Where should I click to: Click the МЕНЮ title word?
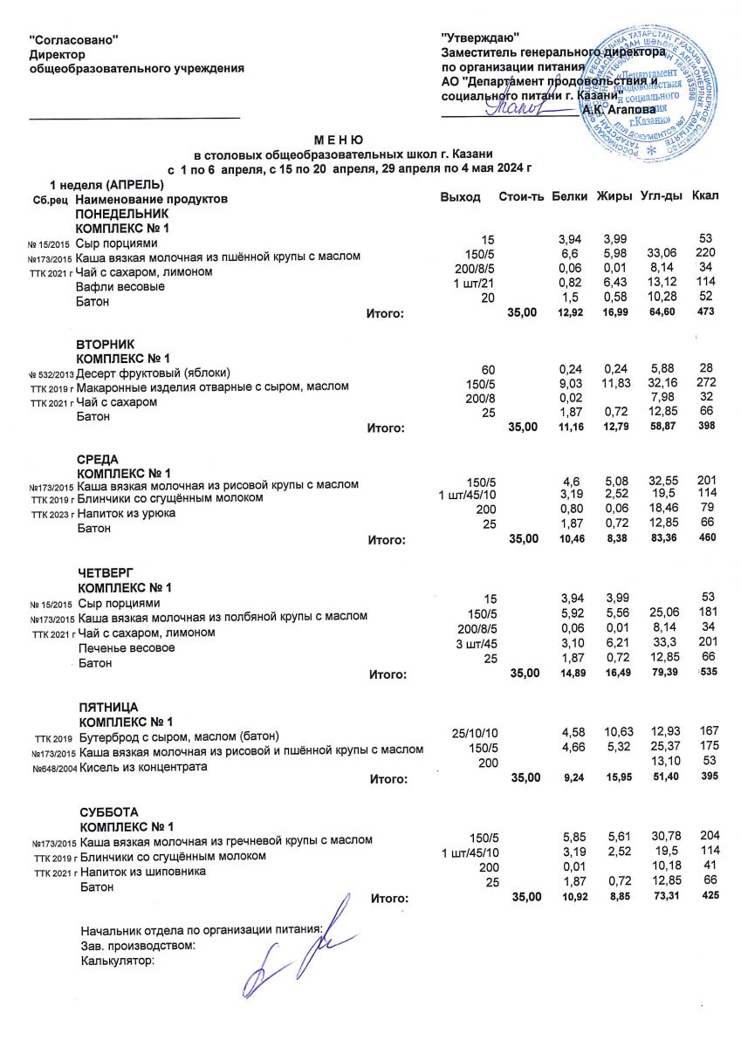click(339, 140)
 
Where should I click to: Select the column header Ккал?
click(705, 196)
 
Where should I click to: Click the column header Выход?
click(461, 197)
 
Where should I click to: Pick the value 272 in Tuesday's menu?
click(707, 385)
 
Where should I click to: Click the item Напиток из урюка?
click(127, 513)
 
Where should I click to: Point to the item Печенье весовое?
click(127, 648)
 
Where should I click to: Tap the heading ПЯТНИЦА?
click(109, 707)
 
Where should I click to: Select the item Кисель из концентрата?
click(143, 767)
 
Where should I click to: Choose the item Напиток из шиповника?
click(142, 872)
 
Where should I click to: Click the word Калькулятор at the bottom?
click(116, 961)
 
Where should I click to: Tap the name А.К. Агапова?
click(619, 110)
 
